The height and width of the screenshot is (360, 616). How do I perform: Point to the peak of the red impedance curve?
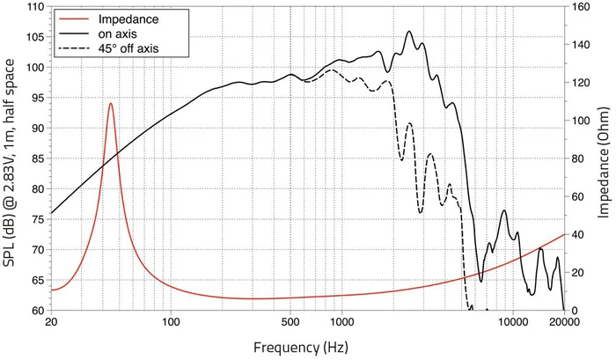111,103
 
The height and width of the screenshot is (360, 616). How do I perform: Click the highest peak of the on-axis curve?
409,32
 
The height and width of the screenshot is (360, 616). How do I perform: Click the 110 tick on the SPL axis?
36,7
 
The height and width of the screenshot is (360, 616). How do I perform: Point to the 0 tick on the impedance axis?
575,311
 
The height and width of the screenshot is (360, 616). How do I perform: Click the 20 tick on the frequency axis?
51,322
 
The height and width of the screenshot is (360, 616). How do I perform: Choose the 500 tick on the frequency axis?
291,322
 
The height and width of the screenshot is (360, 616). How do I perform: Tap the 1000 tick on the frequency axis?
341,322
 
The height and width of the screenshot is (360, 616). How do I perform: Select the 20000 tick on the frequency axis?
563,322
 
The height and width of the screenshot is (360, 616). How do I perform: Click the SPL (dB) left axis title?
11,159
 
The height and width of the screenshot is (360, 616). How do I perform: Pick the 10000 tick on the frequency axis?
512,322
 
